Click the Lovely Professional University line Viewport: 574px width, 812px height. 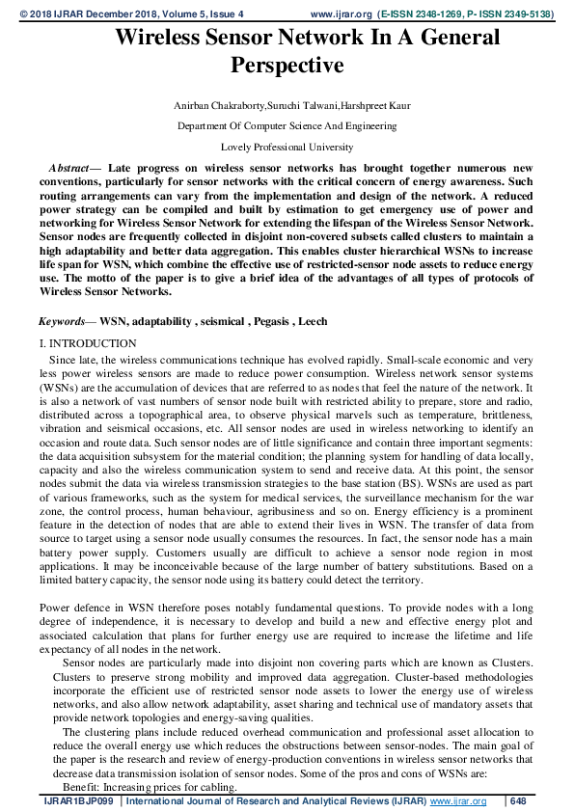pyautogui.click(x=287, y=147)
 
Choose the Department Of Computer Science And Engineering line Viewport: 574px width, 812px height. pyautogui.click(x=287, y=125)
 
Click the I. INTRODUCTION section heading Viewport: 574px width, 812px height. pyautogui.click(x=88, y=343)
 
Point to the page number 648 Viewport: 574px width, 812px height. pyautogui.click(x=518, y=801)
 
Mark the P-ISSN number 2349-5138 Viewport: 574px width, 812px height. pyautogui.click(x=527, y=15)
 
